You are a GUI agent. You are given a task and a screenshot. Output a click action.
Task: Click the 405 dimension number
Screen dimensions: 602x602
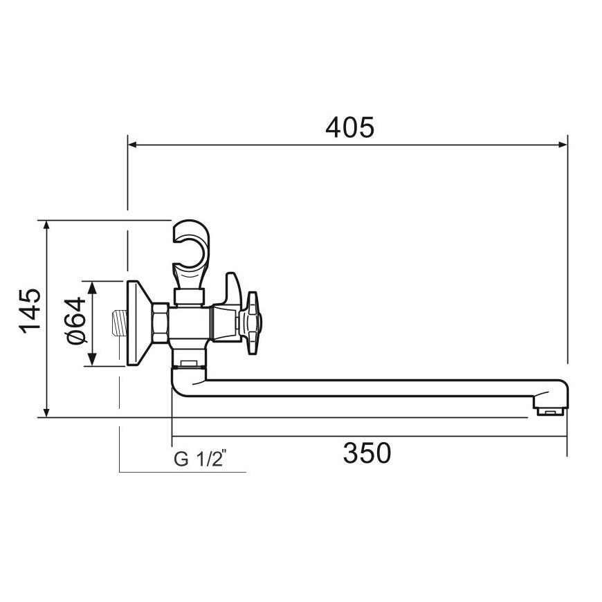349,127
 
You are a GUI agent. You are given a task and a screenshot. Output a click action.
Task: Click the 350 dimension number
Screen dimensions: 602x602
367,453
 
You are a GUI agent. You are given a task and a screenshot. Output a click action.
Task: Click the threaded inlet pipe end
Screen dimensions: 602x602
119,323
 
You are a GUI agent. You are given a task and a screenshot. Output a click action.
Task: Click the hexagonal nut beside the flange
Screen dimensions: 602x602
161,323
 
